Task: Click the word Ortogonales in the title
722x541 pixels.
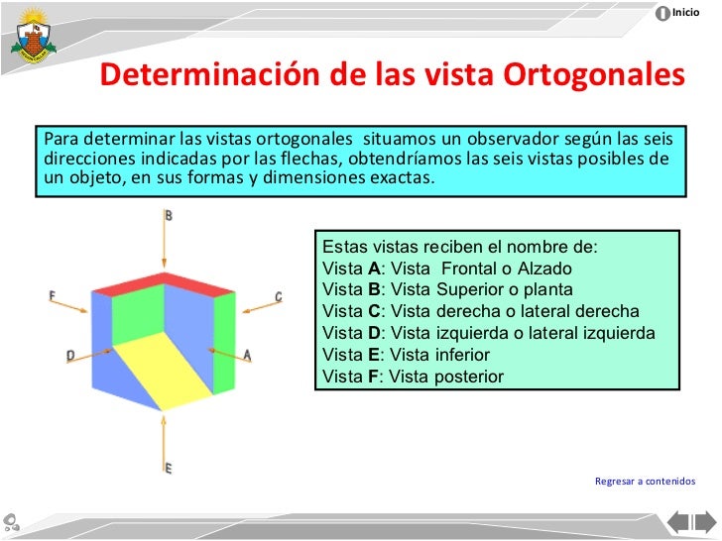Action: pos(594,76)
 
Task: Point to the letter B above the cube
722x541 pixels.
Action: pos(169,215)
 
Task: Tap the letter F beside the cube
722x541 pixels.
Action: pos(52,294)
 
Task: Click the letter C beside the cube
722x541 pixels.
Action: pos(278,296)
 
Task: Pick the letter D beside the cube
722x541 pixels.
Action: pos(70,354)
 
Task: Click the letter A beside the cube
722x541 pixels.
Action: pos(247,354)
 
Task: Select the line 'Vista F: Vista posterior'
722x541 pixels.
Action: pos(414,377)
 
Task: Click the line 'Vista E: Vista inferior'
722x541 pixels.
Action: pos(407,355)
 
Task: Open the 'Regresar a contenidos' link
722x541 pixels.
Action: pos(645,482)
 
